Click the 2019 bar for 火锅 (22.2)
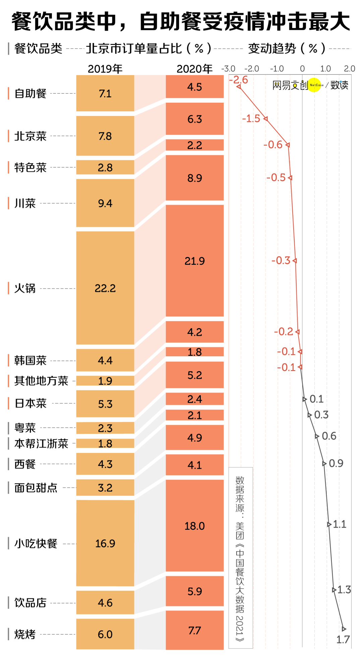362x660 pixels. tap(105, 288)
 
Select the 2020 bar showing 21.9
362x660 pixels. tap(194, 261)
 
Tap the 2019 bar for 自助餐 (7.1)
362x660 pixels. tap(105, 93)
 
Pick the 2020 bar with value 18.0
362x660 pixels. tap(194, 525)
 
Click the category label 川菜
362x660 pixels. tap(25, 203)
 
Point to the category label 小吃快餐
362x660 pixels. tap(36, 543)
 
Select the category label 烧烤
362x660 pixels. tap(25, 634)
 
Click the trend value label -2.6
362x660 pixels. tap(238, 80)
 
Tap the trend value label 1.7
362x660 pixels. tap(343, 640)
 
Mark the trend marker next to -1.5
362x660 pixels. tap(265, 118)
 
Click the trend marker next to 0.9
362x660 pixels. tap(324, 463)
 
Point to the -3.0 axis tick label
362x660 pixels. tap(228, 69)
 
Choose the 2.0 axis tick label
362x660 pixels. tap(349, 69)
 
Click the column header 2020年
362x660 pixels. tap(194, 69)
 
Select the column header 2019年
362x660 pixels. tap(105, 69)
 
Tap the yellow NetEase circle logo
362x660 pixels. tap(314, 85)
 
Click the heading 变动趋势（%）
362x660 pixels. tap(287, 49)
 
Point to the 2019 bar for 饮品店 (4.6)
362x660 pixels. tap(105, 603)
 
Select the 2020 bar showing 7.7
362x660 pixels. tap(194, 630)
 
